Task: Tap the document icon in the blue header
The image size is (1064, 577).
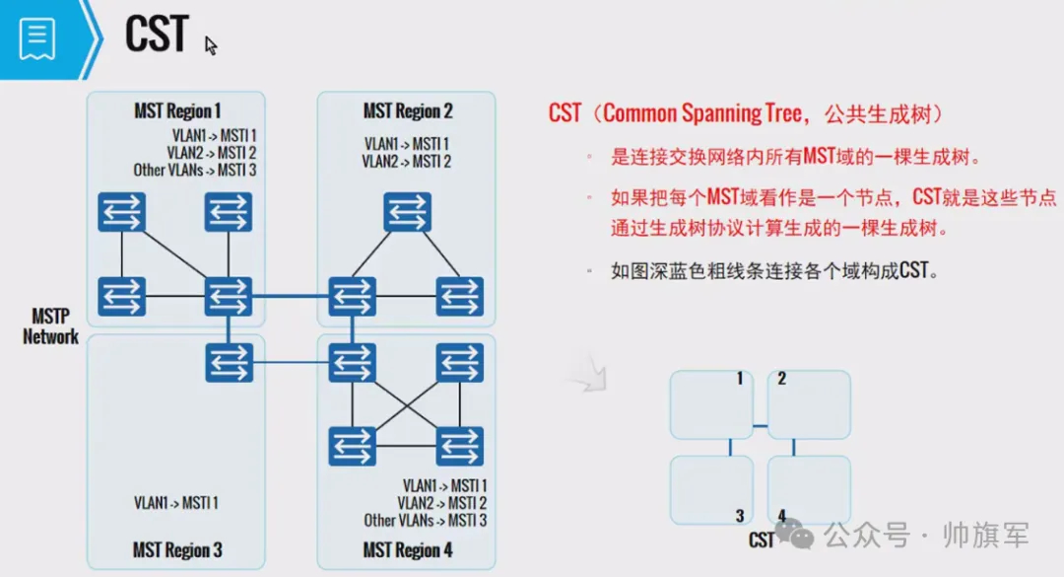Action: coord(36,37)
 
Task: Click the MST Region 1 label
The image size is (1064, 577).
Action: coord(176,110)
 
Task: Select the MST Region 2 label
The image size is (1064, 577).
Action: coord(408,110)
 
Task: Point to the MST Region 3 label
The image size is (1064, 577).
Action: coord(176,549)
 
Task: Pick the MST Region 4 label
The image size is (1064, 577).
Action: coord(408,549)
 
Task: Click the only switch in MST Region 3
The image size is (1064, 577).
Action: coord(229,362)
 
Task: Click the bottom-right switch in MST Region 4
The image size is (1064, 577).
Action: coord(459,446)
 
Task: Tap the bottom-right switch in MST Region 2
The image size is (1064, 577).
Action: coord(459,296)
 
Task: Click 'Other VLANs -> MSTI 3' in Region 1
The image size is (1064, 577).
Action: coord(195,170)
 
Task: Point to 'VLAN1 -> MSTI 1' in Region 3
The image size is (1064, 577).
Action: coord(176,503)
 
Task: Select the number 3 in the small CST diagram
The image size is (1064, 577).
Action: coord(739,515)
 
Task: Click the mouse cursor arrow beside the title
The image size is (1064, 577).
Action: coord(211,45)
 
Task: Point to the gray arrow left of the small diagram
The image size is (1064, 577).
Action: coord(588,376)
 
